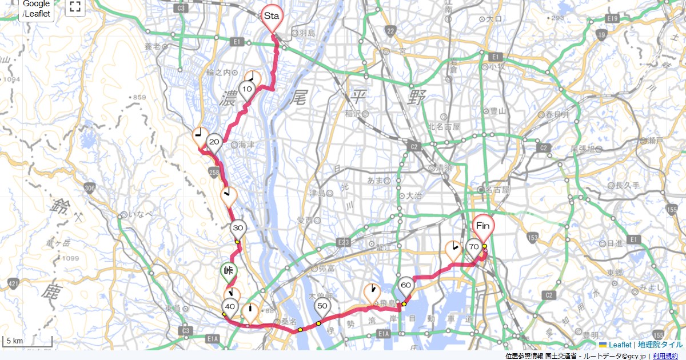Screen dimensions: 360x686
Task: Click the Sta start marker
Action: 271,17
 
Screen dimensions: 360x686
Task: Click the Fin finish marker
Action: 483,226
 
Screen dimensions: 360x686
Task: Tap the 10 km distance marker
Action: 247,89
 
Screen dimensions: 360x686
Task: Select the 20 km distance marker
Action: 214,142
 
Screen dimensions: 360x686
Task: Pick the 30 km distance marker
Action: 238,228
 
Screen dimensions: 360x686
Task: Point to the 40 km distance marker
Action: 230,306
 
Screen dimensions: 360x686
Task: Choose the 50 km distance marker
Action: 322,306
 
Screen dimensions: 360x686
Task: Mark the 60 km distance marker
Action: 406,285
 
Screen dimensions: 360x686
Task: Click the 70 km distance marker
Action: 473,247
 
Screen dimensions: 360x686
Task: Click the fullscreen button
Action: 75,7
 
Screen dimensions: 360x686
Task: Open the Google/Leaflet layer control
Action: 37,9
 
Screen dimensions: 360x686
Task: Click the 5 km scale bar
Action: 27,341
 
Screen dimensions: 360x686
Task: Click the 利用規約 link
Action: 667,356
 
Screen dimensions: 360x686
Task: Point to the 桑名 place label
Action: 285,321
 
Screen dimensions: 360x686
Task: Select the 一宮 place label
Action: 398,51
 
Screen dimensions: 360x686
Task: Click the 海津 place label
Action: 246,145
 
